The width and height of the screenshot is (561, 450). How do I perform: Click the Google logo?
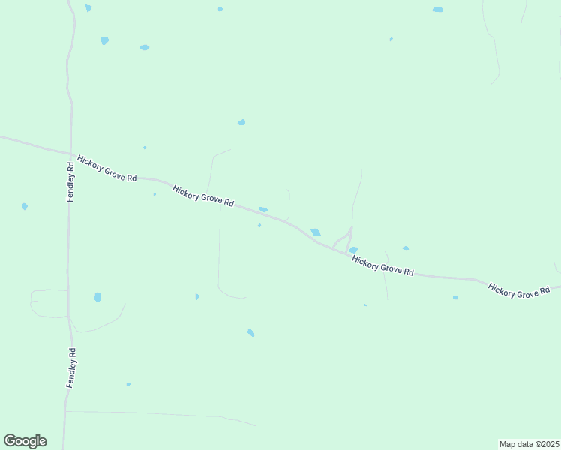25,441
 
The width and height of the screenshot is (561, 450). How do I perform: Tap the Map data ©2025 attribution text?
529,444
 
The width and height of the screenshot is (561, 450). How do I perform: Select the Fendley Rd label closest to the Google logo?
70,367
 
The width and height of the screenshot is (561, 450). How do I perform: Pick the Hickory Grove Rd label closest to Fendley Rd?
106,169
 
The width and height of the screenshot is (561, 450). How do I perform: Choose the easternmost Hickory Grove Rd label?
519,290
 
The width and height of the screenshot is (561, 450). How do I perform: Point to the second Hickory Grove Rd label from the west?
203,196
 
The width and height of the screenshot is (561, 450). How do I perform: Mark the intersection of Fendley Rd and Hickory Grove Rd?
72,155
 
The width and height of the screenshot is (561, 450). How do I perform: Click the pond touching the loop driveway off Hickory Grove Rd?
352,250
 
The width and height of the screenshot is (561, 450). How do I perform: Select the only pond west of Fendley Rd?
25,206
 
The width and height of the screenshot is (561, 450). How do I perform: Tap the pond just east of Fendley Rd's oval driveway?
97,297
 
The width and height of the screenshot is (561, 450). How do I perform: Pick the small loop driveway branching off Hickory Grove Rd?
342,240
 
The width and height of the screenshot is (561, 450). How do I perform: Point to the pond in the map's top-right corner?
437,10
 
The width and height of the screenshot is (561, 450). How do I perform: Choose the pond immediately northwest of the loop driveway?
316,232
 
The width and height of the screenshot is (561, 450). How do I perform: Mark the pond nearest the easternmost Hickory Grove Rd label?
455,298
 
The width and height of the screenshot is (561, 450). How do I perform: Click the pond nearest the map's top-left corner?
88,7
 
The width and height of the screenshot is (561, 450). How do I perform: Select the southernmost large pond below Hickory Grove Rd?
250,332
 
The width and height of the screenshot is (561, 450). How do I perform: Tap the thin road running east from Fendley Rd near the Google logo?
150,413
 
